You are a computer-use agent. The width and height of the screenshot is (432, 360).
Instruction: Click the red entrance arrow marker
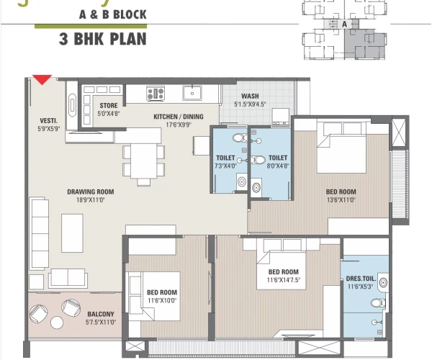tap(42, 79)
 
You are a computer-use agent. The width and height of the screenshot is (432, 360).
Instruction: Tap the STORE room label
tap(109, 106)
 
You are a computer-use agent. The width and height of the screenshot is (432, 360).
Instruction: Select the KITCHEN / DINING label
tap(178, 117)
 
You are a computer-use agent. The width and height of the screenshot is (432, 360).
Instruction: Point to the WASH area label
tap(250, 96)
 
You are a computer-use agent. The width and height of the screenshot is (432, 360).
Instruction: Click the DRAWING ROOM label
tap(91, 192)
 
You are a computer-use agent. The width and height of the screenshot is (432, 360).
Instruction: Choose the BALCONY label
tap(100, 314)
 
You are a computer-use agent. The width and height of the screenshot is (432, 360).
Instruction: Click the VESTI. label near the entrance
tap(48, 121)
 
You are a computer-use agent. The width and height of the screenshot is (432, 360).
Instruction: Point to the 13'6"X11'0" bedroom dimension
tap(341, 199)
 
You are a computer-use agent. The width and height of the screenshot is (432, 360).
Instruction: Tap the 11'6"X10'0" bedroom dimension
tap(162, 300)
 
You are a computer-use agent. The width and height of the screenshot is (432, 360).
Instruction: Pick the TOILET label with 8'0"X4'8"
tap(278, 158)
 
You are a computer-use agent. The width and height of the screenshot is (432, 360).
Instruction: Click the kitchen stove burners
tap(155, 93)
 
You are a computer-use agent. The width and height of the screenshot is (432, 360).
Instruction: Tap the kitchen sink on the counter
tap(193, 92)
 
